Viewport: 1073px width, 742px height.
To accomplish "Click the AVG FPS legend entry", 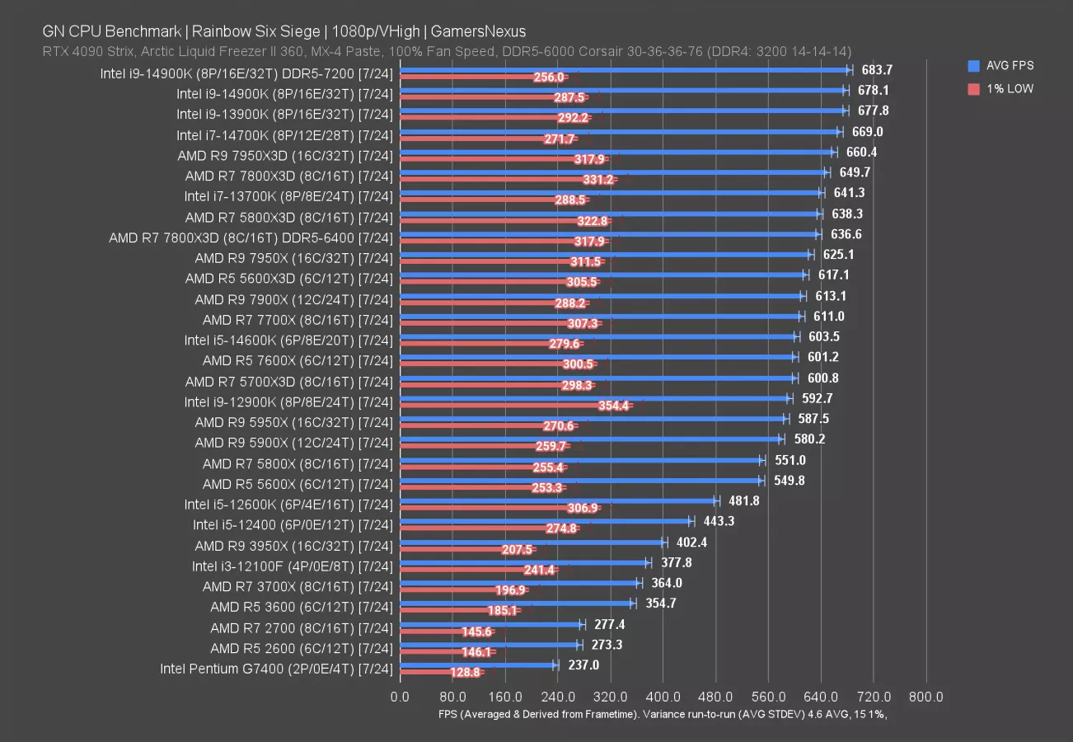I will click(x=1010, y=66).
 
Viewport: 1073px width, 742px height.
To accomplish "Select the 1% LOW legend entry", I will click(x=1010, y=88).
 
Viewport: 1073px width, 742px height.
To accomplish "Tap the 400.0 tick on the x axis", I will click(x=663, y=697).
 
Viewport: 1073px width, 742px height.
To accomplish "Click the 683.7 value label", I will click(x=876, y=70).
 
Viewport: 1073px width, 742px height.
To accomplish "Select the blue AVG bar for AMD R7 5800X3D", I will click(x=610, y=213).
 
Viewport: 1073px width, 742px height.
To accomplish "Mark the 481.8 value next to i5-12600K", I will click(x=743, y=500).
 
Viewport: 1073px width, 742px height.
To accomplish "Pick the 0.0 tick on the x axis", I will click(x=400, y=697).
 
